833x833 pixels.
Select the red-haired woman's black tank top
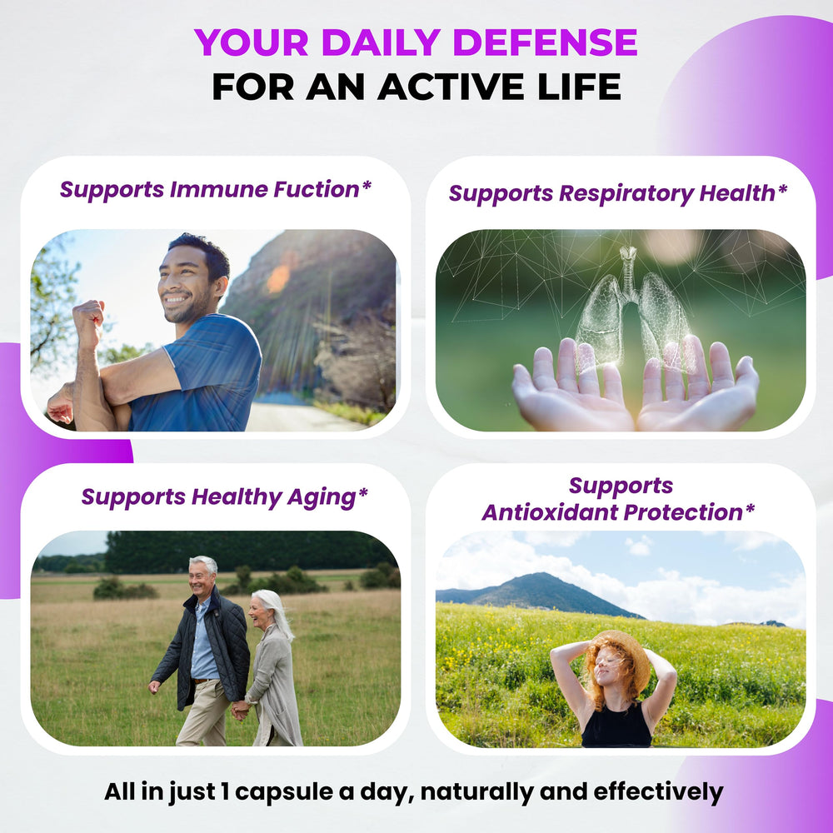point(616,726)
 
